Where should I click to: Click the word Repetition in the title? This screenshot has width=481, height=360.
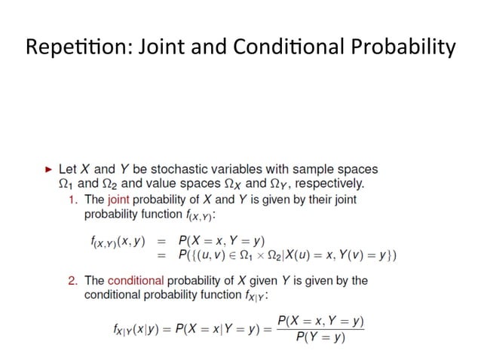70,48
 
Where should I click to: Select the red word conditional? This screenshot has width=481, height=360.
136,280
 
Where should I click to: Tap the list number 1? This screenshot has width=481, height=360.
73,200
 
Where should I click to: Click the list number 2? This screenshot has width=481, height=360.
73,280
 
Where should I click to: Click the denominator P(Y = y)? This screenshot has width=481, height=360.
320,337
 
